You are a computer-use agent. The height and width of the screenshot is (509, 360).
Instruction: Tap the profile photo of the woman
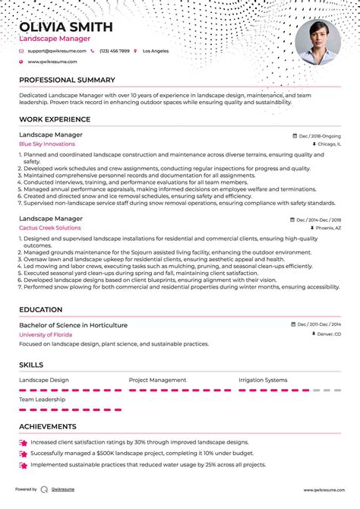[x=317, y=43]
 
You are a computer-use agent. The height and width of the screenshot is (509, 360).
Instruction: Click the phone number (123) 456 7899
[x=114, y=51]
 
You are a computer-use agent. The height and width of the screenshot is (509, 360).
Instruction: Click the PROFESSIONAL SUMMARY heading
[x=67, y=80]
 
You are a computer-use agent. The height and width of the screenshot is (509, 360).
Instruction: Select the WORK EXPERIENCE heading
[x=55, y=119]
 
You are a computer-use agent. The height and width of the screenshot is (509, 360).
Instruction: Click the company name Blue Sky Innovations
[x=47, y=144]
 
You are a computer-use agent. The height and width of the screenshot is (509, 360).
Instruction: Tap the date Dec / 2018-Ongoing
[x=320, y=135]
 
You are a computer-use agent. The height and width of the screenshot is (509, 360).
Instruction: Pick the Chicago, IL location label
[x=329, y=144]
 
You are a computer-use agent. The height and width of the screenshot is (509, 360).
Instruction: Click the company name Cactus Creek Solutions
[x=50, y=227]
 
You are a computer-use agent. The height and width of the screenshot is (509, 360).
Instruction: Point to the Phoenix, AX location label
[x=328, y=227]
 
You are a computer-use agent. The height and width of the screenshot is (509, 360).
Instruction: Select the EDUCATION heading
[x=41, y=310]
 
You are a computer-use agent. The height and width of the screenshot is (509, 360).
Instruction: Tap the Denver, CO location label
[x=329, y=334]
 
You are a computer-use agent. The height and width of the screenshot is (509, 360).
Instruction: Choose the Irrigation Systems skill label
[x=263, y=380]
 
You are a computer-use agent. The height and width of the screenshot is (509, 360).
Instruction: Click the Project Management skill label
[x=157, y=380]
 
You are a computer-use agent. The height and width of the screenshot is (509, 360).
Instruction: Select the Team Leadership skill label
[x=43, y=399]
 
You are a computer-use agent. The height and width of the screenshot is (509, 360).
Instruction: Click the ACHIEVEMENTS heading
[x=47, y=427]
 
